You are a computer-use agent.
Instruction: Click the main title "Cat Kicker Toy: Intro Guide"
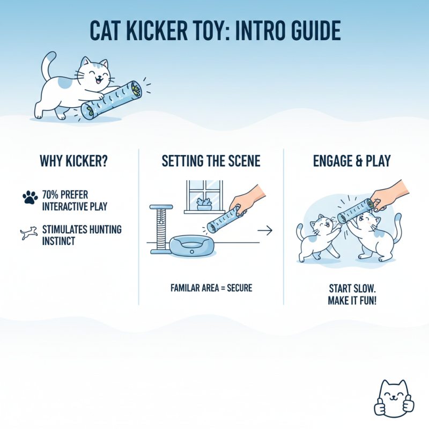pos(214,32)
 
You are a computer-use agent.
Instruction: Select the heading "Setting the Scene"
pos(211,161)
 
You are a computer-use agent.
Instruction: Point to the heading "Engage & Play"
pos(351,161)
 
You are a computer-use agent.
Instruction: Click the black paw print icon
pos(30,197)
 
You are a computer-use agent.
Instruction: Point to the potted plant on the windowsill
pos(203,204)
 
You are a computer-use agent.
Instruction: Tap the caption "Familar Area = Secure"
pos(211,288)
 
